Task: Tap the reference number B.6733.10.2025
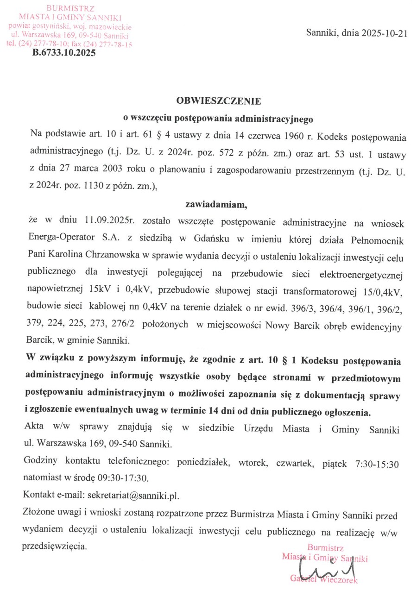pos(63,53)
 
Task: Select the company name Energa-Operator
pos(59,239)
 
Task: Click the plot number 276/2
pos(123,325)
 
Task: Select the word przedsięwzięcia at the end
pos(54,546)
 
